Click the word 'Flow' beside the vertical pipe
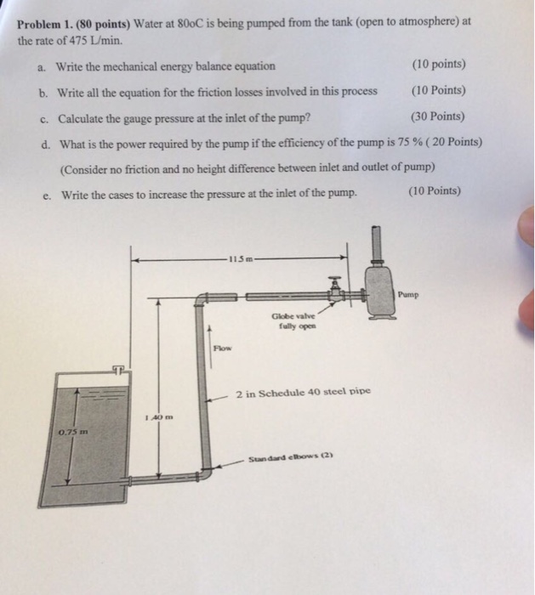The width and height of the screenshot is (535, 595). (x=222, y=348)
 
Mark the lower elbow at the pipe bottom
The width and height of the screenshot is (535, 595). (x=204, y=463)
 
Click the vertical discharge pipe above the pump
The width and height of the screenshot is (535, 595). (x=373, y=245)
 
